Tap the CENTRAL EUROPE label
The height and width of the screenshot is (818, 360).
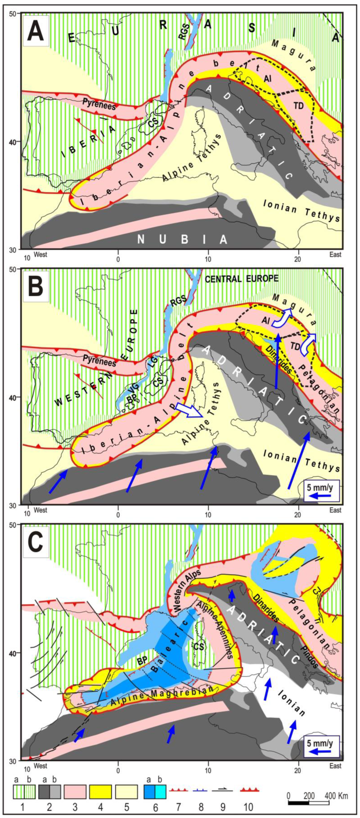click(241, 279)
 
